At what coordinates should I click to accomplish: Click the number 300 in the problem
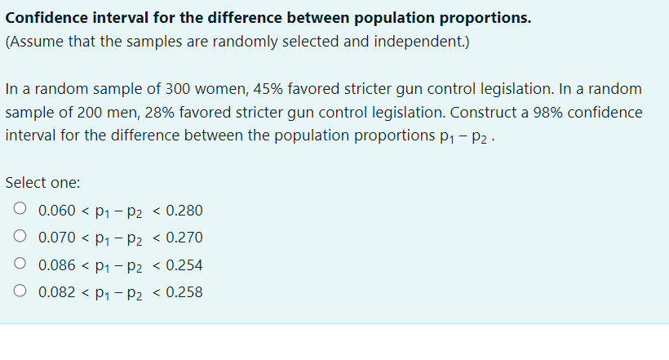point(177,88)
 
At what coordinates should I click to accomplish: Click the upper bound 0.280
point(184,211)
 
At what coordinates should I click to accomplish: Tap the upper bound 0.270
point(184,238)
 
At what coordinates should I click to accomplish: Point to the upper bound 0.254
point(184,265)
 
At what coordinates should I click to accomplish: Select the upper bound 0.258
point(184,292)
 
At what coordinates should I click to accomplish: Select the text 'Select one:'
point(42,183)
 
